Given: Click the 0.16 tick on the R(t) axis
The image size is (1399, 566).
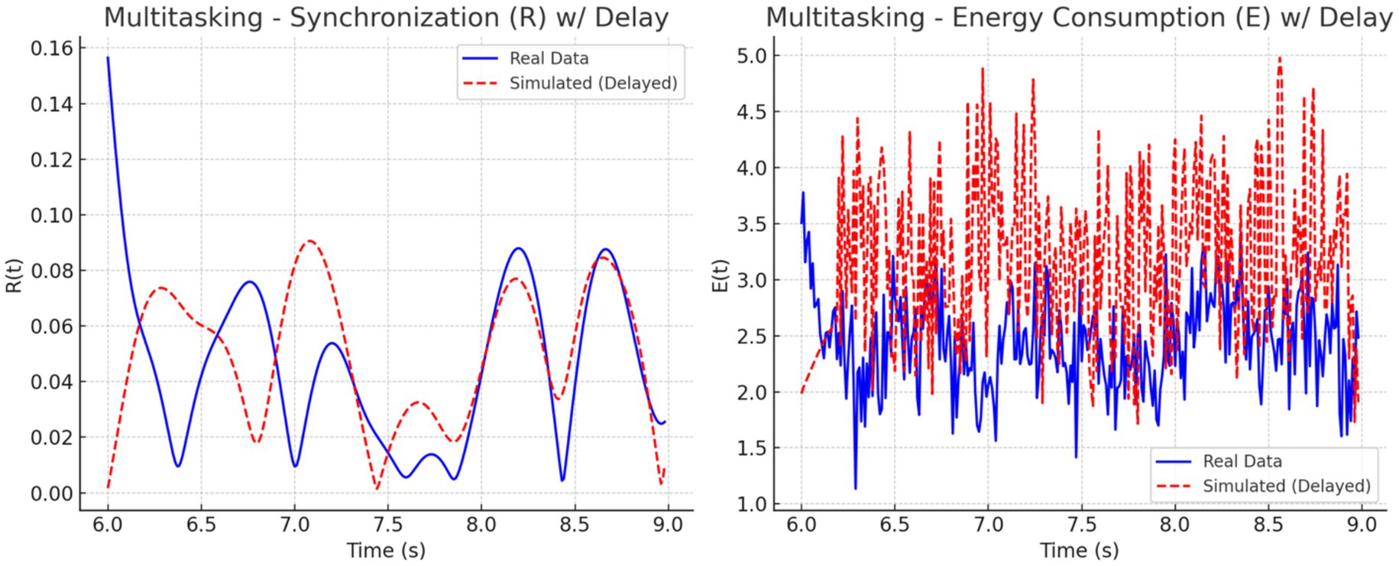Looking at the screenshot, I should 52,49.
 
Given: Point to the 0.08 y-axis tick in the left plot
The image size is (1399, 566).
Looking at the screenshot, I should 52,271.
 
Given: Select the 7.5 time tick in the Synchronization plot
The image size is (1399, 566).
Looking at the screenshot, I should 387,525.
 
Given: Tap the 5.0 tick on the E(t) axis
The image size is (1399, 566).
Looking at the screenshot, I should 753,56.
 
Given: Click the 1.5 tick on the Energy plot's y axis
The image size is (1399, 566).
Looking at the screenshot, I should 753,448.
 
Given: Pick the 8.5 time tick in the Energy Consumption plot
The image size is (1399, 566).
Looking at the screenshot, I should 1268,525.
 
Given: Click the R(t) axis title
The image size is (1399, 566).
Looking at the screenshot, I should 15,275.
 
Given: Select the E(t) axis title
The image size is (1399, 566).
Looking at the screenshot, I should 721,275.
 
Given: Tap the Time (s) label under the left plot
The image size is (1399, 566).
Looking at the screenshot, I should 386,551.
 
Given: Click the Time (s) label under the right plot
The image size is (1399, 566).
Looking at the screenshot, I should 1079,551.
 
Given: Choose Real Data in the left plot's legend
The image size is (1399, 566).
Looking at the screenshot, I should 549,59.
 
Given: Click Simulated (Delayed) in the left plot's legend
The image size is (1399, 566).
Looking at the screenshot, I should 593,83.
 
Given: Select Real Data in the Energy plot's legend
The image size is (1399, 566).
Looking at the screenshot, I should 1242,462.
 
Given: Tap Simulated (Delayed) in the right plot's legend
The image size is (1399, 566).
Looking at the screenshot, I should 1286,486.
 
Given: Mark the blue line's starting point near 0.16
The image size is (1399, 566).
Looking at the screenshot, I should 108,57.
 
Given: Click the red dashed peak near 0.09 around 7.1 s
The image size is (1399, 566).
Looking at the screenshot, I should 309,241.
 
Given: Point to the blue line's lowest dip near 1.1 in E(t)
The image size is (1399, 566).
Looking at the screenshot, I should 855,488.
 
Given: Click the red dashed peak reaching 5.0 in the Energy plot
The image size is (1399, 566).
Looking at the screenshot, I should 1280,57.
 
